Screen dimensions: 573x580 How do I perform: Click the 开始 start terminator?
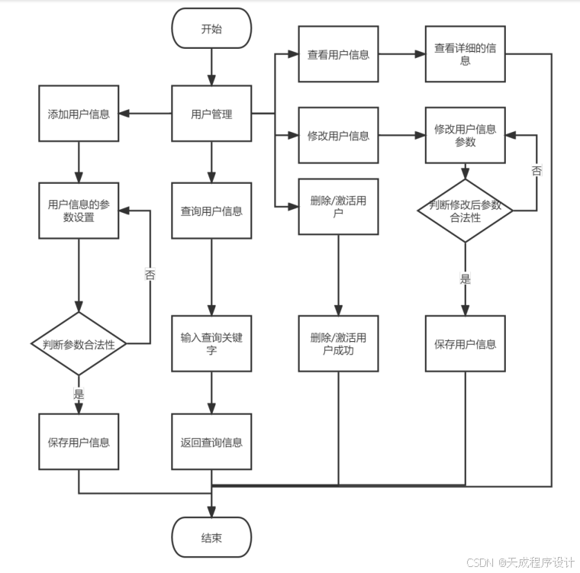[211, 29]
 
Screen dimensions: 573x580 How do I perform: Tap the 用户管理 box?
[211, 114]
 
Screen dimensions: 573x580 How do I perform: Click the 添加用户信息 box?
[79, 114]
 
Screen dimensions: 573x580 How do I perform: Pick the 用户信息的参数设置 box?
[79, 211]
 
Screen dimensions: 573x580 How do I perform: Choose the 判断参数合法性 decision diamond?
[79, 344]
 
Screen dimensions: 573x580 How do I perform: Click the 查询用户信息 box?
[211, 211]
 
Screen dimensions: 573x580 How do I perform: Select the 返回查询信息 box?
[211, 442]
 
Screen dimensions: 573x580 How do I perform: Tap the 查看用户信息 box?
[338, 54]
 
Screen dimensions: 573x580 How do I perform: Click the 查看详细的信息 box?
[465, 54]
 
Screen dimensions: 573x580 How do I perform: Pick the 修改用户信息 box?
[338, 136]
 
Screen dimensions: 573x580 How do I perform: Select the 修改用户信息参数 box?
[465, 136]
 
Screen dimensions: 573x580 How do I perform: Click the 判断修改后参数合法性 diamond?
[465, 211]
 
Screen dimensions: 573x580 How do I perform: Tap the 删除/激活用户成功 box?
[338, 344]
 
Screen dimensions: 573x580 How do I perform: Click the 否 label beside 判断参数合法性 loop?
[150, 275]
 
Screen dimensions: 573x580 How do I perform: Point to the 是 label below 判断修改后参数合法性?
[465, 278]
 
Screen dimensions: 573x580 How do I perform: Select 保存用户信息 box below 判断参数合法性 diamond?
[79, 442]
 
